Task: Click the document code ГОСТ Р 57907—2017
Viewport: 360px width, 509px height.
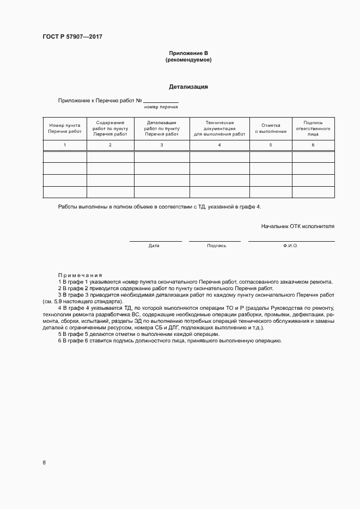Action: (72, 37)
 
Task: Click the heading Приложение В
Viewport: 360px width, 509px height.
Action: (188, 53)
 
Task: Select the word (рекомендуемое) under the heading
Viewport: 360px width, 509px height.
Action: (188, 60)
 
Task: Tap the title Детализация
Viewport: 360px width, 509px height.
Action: (188, 87)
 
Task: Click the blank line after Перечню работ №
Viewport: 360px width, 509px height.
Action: (161, 101)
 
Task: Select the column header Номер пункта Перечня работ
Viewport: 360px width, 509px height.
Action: (64, 128)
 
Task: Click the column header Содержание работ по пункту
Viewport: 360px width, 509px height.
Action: (110, 128)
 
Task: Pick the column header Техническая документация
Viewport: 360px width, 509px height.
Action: (219, 128)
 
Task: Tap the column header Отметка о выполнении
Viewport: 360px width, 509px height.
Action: (271, 128)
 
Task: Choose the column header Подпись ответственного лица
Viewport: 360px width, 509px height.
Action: (313, 128)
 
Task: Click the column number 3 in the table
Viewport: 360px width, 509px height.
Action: (162, 145)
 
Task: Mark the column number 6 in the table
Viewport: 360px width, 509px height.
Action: (313, 145)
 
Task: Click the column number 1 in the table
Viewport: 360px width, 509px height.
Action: (64, 145)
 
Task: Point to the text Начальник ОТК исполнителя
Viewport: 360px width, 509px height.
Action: (297, 225)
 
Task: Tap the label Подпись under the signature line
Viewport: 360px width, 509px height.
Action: (216, 246)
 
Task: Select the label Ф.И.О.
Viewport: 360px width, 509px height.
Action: (291, 246)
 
